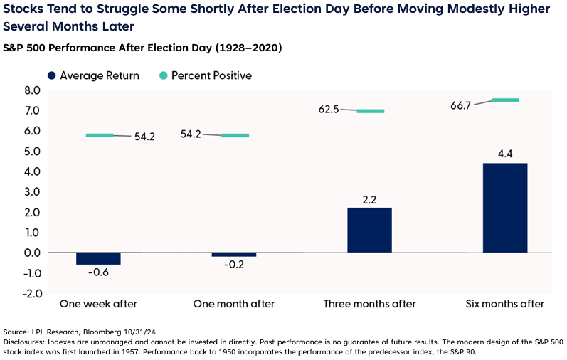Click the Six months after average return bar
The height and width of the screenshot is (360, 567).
504,208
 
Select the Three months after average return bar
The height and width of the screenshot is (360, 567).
369,230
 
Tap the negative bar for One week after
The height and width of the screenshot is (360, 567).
98,258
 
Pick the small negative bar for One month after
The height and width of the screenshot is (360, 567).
234,255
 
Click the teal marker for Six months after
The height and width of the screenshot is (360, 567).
505,100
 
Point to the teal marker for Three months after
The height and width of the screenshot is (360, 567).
370,111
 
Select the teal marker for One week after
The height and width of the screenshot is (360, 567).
100,135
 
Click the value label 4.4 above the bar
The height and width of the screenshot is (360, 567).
504,152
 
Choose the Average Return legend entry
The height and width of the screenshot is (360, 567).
92,75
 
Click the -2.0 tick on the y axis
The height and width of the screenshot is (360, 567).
32,293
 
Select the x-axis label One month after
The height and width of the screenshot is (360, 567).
234,304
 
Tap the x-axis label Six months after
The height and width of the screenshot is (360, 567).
504,304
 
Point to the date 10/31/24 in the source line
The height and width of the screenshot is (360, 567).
142,332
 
